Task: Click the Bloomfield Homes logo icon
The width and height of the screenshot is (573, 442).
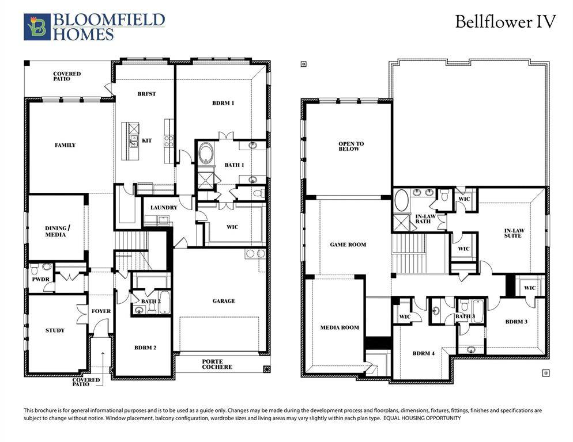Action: [37, 27]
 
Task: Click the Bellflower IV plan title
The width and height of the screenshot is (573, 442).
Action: [505, 22]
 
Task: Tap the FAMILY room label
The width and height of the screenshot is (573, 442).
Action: [65, 145]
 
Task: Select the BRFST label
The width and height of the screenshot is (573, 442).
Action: [146, 94]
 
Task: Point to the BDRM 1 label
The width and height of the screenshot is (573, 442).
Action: [223, 103]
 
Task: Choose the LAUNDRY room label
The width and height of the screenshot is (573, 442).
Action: [163, 207]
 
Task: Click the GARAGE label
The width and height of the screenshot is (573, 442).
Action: [224, 301]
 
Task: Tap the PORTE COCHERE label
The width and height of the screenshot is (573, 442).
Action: [217, 364]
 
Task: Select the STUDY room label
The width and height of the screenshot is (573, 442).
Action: [55, 330]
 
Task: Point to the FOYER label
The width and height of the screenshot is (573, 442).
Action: [101, 311]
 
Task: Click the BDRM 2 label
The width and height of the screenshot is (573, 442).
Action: [145, 348]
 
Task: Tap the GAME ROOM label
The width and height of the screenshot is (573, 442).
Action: [348, 245]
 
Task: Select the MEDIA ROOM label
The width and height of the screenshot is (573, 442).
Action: [340, 327]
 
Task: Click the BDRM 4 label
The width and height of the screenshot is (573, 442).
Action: [424, 353]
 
